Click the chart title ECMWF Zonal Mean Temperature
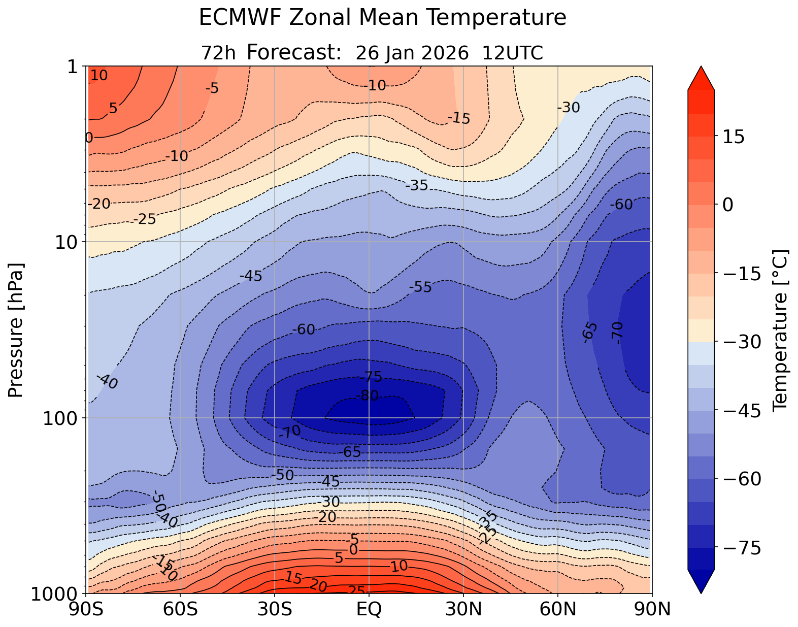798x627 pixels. pos(382,18)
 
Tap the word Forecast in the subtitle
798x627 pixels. pos(293,52)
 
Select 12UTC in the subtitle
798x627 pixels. pos(512,53)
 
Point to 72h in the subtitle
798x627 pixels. pos(218,53)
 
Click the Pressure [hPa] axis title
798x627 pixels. pos(16,330)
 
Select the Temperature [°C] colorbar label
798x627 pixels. pos(779,330)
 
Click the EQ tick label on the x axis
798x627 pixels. pos(369,609)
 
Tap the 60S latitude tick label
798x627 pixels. pos(180,609)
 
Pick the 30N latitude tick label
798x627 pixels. pos(463,609)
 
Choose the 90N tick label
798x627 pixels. pos(652,609)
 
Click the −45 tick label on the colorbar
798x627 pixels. pos(738,411)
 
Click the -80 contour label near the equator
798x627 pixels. pos(368,395)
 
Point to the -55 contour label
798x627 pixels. pos(420,287)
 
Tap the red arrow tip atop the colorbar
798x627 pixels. pos(701,71)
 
